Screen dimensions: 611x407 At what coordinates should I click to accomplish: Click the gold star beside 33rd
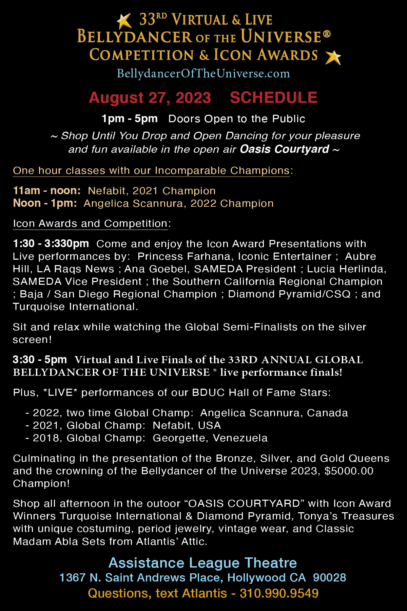[x=124, y=21]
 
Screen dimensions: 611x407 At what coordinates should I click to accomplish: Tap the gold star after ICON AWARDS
[x=333, y=57]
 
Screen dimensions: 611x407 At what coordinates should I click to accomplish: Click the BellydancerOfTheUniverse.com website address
[x=203, y=73]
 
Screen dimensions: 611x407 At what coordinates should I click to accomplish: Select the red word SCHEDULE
[x=273, y=98]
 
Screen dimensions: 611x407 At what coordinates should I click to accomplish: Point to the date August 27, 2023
[x=150, y=98]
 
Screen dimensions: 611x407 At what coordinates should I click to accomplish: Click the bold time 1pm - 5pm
[x=130, y=118]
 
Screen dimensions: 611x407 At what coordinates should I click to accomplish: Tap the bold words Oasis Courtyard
[x=284, y=149]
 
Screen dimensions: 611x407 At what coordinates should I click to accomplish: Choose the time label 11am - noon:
[x=47, y=190]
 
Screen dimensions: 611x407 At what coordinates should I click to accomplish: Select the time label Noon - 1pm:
[x=45, y=203]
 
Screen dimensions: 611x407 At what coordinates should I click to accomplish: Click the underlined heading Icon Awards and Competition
[x=90, y=223]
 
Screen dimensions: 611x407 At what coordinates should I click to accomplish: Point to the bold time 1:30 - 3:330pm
[x=51, y=243]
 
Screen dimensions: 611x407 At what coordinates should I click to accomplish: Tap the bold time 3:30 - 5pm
[x=40, y=359]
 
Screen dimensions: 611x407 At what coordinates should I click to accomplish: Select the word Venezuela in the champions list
[x=240, y=438]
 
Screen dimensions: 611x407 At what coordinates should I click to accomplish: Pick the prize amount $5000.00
[x=349, y=471]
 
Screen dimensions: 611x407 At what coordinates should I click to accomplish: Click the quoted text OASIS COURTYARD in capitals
[x=244, y=503]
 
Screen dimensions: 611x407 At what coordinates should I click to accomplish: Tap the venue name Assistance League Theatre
[x=202, y=563]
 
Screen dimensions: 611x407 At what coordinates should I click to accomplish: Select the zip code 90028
[x=329, y=578]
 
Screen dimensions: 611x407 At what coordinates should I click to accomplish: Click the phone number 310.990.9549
[x=279, y=593]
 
